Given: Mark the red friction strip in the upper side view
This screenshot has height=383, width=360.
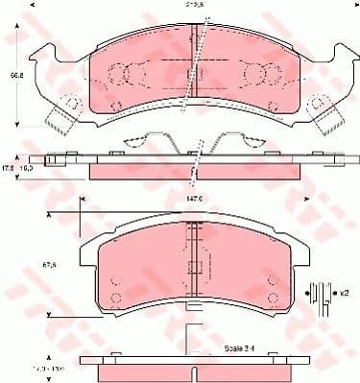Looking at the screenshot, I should pyautogui.click(x=192, y=170).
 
